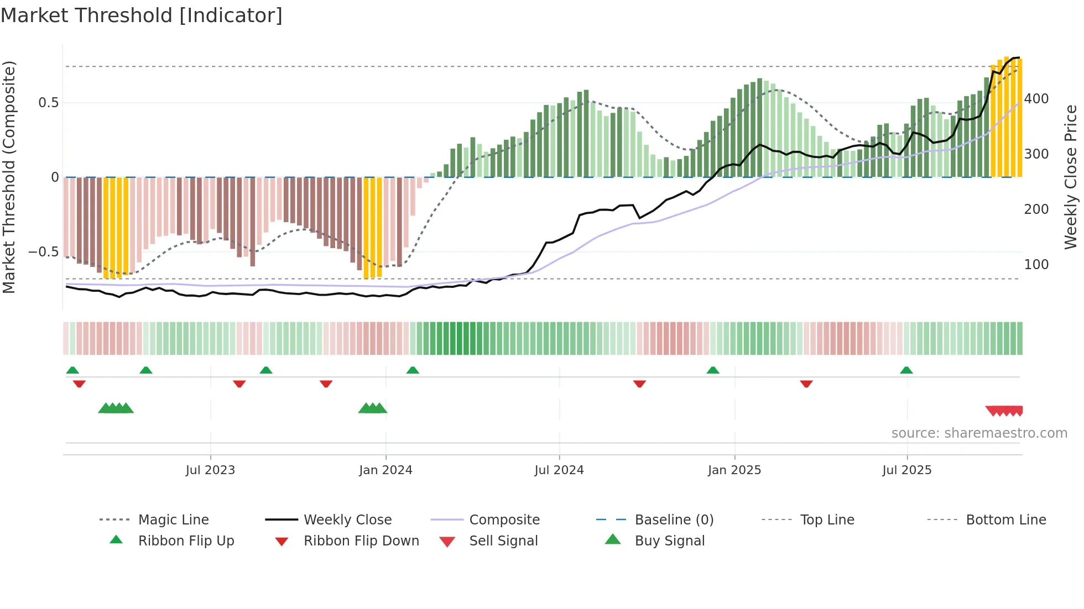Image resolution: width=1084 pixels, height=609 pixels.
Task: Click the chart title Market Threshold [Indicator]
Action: (x=142, y=15)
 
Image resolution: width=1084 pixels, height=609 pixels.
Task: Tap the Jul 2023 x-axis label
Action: (x=210, y=470)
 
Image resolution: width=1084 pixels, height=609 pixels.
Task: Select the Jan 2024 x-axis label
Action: (x=385, y=470)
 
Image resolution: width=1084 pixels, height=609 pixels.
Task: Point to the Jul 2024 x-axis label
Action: (x=559, y=470)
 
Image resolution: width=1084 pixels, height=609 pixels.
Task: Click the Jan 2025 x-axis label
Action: (x=734, y=470)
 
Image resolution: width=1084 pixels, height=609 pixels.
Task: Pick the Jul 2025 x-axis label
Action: (x=906, y=470)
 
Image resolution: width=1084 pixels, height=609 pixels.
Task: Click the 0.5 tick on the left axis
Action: (x=48, y=103)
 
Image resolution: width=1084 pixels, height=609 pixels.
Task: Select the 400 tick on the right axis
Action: (x=1036, y=99)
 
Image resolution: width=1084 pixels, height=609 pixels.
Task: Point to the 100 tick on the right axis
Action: (x=1036, y=265)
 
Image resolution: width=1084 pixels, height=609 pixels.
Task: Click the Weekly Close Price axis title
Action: (x=1071, y=177)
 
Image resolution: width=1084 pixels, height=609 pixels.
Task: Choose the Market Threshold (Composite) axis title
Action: (x=9, y=177)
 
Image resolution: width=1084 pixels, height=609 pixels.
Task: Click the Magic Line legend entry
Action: (x=173, y=520)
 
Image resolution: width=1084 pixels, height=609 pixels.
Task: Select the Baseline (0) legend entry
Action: (x=674, y=520)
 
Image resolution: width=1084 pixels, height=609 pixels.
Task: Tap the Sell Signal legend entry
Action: (x=503, y=541)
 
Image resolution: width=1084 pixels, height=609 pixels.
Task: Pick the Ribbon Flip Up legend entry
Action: (x=186, y=541)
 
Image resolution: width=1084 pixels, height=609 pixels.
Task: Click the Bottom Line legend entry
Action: (x=1005, y=520)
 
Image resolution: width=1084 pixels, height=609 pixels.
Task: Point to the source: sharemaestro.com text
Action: (x=979, y=433)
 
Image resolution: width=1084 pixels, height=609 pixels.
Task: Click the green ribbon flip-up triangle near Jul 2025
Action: (x=906, y=370)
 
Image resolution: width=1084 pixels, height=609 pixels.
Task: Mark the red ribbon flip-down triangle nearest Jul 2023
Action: (x=239, y=384)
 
